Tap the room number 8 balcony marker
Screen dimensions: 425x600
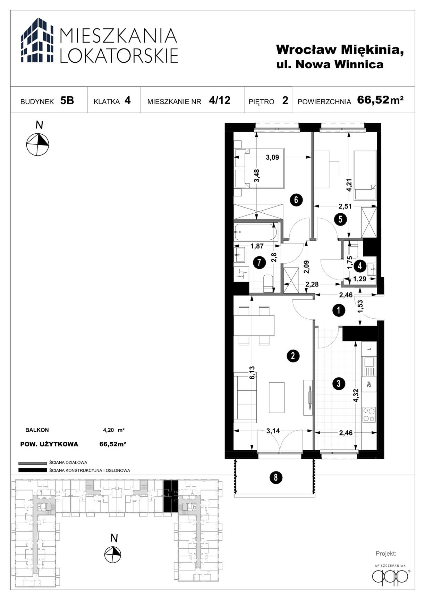click(x=275, y=478)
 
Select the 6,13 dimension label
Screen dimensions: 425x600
click(x=253, y=372)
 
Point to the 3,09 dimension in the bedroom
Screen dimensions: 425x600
click(x=272, y=157)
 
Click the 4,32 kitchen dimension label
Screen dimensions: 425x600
click(x=356, y=395)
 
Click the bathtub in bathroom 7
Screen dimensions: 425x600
click(x=256, y=232)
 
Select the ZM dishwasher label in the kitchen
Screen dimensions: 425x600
click(x=369, y=384)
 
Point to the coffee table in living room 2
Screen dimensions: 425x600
click(x=277, y=398)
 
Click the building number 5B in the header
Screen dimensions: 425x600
click(x=67, y=100)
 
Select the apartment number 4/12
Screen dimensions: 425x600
click(x=220, y=100)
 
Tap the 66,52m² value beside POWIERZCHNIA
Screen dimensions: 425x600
click(x=380, y=100)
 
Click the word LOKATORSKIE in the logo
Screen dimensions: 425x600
click(x=119, y=55)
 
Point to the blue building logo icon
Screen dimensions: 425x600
click(x=37, y=41)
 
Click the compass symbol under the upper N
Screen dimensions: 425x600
click(x=38, y=144)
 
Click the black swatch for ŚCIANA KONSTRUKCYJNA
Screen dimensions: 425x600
click(x=32, y=470)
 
